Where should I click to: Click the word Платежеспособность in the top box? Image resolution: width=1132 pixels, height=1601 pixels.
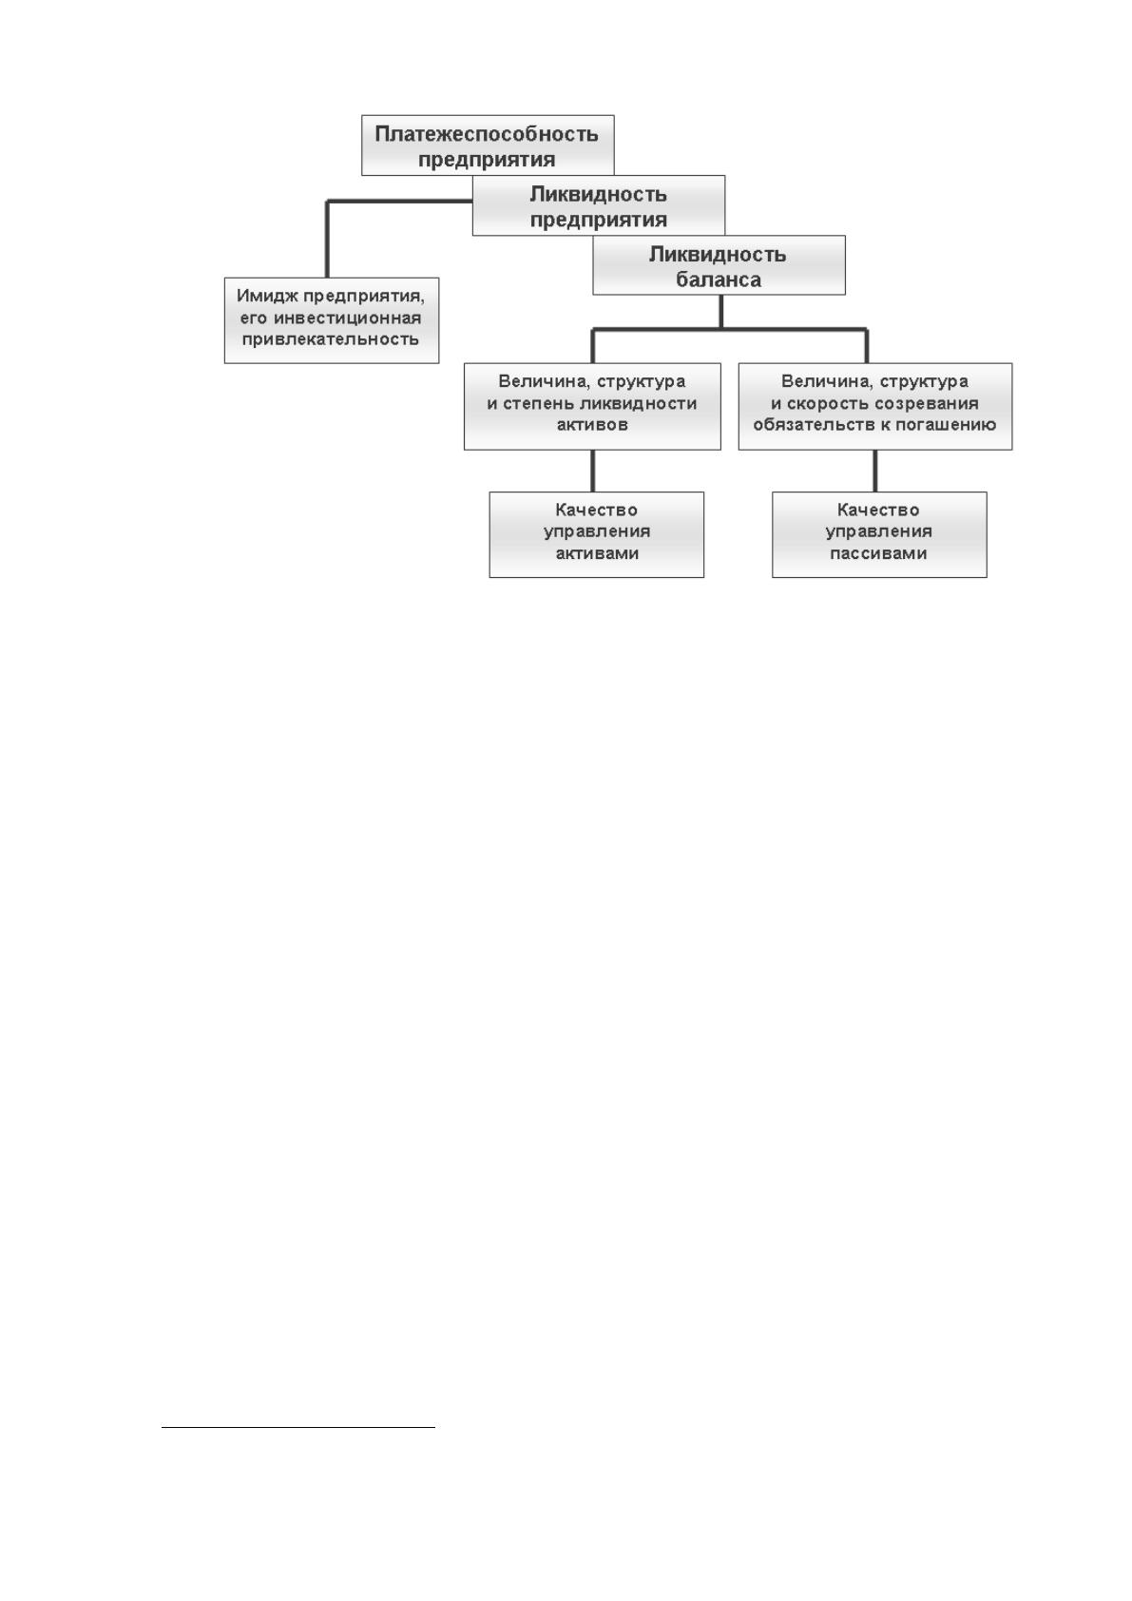(x=487, y=134)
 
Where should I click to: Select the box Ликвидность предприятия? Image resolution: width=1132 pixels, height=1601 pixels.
(x=599, y=205)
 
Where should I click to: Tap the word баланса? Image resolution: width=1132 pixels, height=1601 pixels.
(x=719, y=280)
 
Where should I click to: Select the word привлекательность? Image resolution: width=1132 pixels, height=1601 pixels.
(x=330, y=338)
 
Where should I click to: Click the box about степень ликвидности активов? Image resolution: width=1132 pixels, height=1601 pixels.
(x=592, y=406)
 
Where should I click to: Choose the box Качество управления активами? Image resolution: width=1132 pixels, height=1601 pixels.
(x=597, y=534)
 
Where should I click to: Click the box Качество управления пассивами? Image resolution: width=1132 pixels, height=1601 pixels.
(x=879, y=534)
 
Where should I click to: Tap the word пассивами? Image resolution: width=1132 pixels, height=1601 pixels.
(x=878, y=553)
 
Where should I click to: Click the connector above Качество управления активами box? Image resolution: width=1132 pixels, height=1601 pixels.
(x=592, y=471)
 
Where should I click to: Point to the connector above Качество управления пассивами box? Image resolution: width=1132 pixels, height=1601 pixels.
(x=875, y=471)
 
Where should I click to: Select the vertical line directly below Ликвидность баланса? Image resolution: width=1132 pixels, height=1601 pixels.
(x=720, y=312)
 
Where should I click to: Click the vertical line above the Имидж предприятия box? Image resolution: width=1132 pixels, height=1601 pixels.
(x=327, y=240)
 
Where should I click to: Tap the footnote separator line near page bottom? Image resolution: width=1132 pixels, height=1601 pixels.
(x=298, y=1427)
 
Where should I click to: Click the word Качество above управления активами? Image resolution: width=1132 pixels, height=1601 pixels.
(x=596, y=511)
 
